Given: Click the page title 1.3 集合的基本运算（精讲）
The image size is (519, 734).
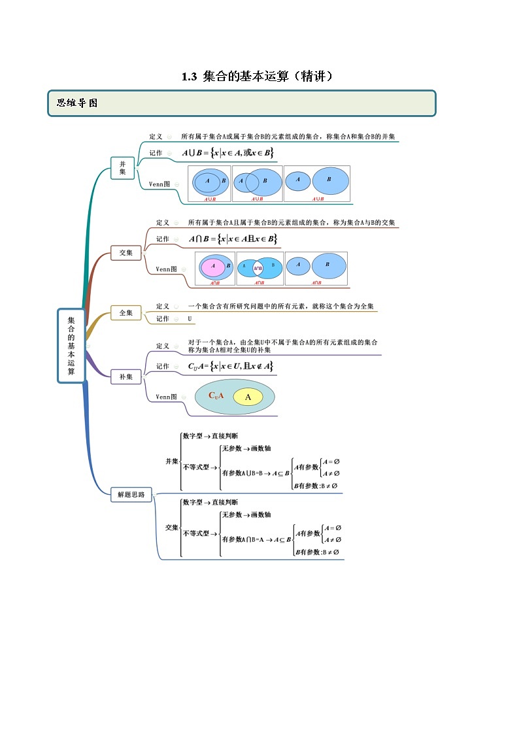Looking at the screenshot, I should point(259,76).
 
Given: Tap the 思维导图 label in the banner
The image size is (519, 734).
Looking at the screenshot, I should point(77,103).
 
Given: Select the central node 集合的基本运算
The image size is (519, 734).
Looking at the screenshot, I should point(71,345).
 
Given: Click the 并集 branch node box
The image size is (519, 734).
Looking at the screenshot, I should point(122,167).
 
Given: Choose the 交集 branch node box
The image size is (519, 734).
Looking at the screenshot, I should point(126,252).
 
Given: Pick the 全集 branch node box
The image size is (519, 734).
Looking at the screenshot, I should point(126,313).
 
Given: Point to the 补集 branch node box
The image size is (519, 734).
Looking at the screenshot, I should point(126,376).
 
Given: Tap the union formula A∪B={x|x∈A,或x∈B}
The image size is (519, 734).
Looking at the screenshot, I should point(227,153).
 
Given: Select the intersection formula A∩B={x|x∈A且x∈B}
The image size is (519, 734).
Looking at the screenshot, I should point(233,239).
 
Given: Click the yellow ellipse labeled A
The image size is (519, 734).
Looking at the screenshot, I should point(248,397).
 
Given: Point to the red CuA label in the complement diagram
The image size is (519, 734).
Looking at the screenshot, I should point(216,395).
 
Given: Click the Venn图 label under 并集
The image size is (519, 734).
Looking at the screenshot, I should point(159,184).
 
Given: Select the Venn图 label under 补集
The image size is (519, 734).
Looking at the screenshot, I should point(166,397).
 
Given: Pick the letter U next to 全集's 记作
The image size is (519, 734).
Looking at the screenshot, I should point(190,319).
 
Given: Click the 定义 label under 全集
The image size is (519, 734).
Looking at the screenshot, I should point(163,306).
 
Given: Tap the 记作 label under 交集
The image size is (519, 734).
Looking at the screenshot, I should point(163,239).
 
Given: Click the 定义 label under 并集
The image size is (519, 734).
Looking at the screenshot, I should point(156,137).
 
